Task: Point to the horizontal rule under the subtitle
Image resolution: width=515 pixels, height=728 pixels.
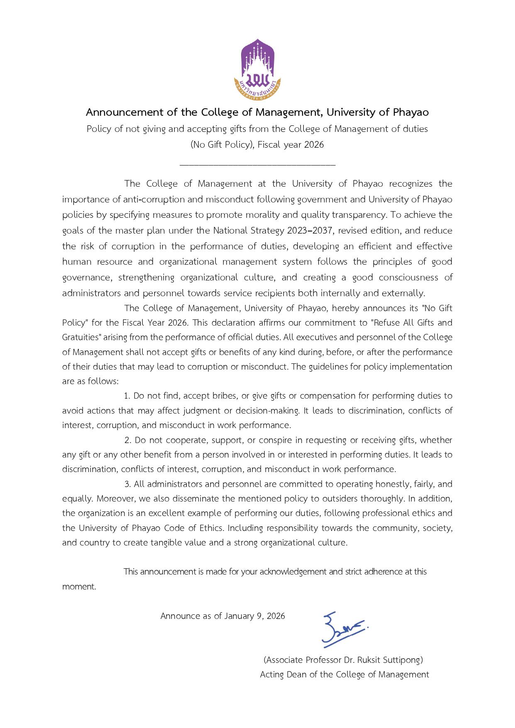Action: point(257,165)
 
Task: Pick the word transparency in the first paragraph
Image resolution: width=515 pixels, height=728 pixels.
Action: point(358,215)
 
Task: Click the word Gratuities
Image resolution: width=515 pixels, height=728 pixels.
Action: point(81,338)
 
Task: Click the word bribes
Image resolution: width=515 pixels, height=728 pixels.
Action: point(224,396)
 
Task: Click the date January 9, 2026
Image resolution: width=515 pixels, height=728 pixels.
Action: point(254,616)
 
